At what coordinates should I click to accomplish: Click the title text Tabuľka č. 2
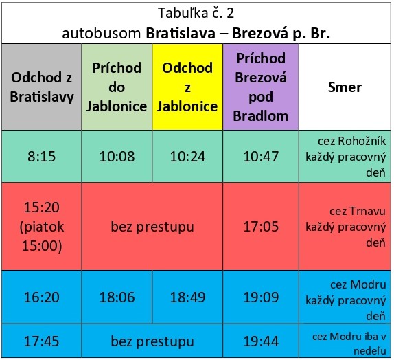pyautogui.click(x=196, y=13)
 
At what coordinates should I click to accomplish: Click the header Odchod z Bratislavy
pyautogui.click(x=41, y=87)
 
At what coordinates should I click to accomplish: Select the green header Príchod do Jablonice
pyautogui.click(x=117, y=87)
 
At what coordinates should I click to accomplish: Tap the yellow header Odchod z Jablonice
pyautogui.click(x=187, y=87)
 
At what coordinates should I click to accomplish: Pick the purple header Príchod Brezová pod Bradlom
pyautogui.click(x=261, y=87)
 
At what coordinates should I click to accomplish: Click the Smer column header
pyautogui.click(x=345, y=87)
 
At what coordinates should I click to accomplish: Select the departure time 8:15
pyautogui.click(x=41, y=157)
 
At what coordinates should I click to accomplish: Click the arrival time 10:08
pyautogui.click(x=117, y=157)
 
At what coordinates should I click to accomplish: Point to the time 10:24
pyautogui.click(x=187, y=157)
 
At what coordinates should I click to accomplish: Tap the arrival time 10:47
pyautogui.click(x=261, y=157)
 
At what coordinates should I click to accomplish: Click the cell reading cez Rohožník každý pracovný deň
pyautogui.click(x=345, y=157)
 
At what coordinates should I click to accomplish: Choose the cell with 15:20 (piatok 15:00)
pyautogui.click(x=41, y=226)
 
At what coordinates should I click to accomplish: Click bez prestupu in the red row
pyautogui.click(x=152, y=226)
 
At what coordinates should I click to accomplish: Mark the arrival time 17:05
pyautogui.click(x=261, y=226)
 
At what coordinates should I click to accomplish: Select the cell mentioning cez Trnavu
pyautogui.click(x=345, y=226)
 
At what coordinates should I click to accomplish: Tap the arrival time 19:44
pyautogui.click(x=261, y=341)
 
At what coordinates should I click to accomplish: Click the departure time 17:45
pyautogui.click(x=41, y=341)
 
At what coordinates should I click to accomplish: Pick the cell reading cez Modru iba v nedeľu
pyautogui.click(x=345, y=341)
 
